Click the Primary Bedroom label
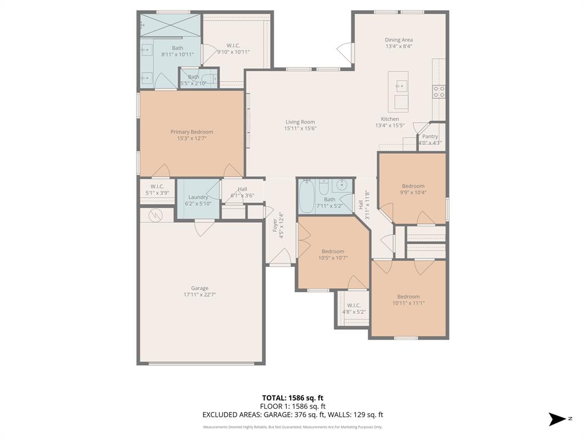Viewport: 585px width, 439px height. (x=191, y=132)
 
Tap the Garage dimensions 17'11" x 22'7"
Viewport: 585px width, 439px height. (x=199, y=295)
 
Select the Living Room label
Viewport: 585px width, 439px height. (x=300, y=122)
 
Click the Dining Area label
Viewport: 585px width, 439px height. (x=398, y=40)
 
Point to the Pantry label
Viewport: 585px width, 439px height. (x=430, y=137)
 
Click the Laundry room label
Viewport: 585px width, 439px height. (x=198, y=197)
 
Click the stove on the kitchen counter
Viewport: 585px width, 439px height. (x=439, y=91)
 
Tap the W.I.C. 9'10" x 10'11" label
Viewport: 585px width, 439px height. (x=233, y=45)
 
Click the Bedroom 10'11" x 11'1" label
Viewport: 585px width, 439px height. (x=408, y=297)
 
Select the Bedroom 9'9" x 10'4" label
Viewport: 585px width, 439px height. (x=413, y=186)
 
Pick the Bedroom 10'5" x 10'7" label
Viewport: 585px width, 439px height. (x=332, y=252)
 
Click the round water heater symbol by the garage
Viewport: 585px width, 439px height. (x=155, y=215)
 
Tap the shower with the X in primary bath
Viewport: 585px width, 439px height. (x=170, y=25)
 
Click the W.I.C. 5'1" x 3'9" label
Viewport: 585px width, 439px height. (x=157, y=186)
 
